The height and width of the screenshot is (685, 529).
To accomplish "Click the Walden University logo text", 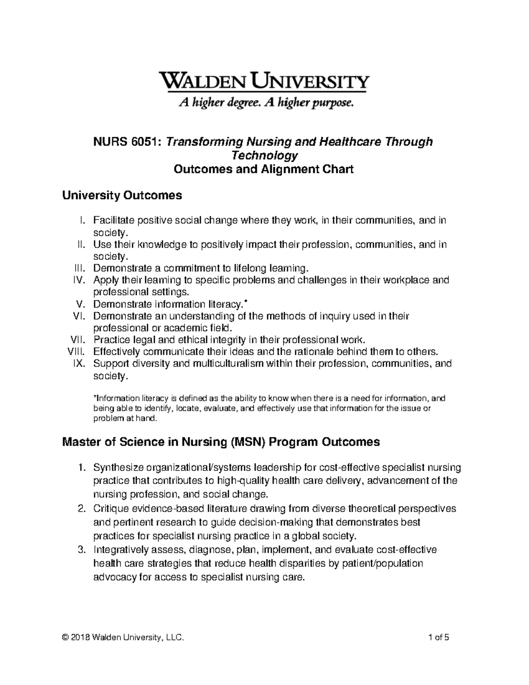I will [264, 82].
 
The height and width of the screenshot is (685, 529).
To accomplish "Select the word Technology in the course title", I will [264, 155].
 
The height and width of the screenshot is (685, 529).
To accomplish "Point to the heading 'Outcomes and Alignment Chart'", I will [264, 169].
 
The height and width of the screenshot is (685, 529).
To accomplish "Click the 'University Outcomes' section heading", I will [122, 195].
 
